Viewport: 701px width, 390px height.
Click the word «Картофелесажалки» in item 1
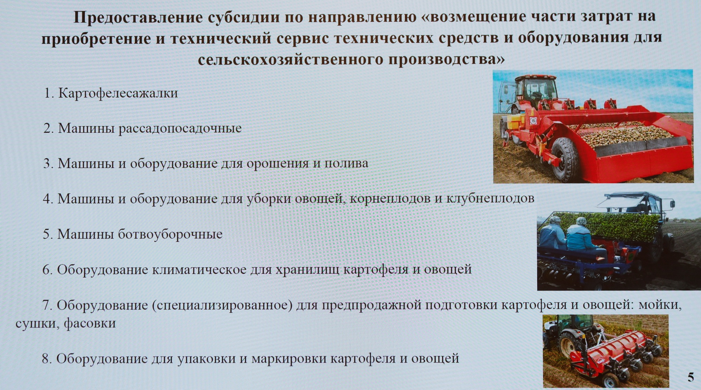(118, 93)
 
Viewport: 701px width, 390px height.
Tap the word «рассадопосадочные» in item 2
(180, 128)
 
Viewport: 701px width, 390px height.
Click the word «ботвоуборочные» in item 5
(170, 234)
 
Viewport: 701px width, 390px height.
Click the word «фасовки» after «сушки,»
(90, 323)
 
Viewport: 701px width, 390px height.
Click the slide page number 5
(690, 377)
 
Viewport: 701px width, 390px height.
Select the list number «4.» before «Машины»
(48, 199)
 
